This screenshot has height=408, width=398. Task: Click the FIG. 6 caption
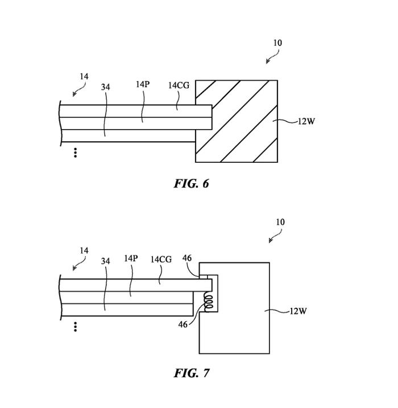click(x=192, y=184)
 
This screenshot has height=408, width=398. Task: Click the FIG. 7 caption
click(x=192, y=373)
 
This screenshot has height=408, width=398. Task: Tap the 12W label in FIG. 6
click(x=306, y=121)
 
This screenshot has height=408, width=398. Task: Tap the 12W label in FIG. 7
click(x=298, y=311)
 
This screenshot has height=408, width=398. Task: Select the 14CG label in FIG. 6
click(x=179, y=85)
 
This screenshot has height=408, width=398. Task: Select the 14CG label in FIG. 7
click(x=161, y=259)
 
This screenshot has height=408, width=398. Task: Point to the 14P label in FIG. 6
click(x=143, y=84)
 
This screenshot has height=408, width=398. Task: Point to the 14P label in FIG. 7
click(x=131, y=258)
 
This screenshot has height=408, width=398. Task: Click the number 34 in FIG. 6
click(x=105, y=87)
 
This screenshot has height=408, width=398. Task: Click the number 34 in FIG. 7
click(x=105, y=261)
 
